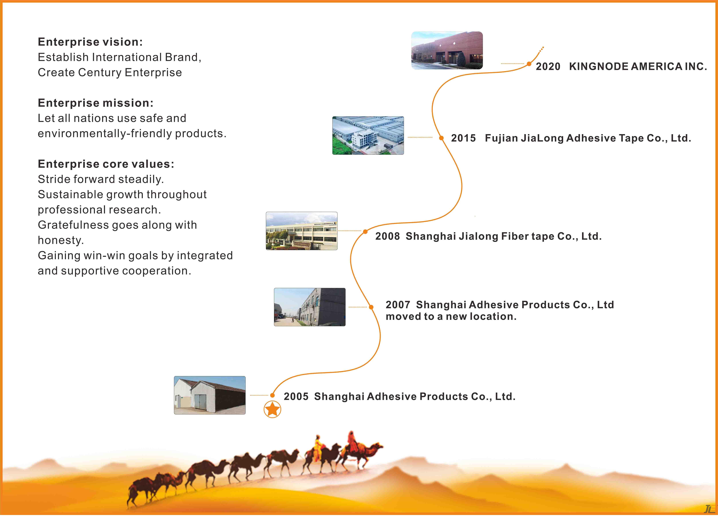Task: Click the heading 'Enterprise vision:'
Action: click(90, 42)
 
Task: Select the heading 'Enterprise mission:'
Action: click(96, 103)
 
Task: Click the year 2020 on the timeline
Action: click(548, 67)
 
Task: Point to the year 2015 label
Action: click(463, 138)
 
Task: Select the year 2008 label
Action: click(387, 236)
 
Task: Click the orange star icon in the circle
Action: click(272, 409)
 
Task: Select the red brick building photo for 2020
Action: click(447, 50)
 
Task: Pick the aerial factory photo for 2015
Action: click(368, 136)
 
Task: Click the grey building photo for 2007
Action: click(310, 307)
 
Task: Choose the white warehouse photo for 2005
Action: click(210, 395)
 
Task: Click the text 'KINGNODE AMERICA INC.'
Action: click(638, 67)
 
